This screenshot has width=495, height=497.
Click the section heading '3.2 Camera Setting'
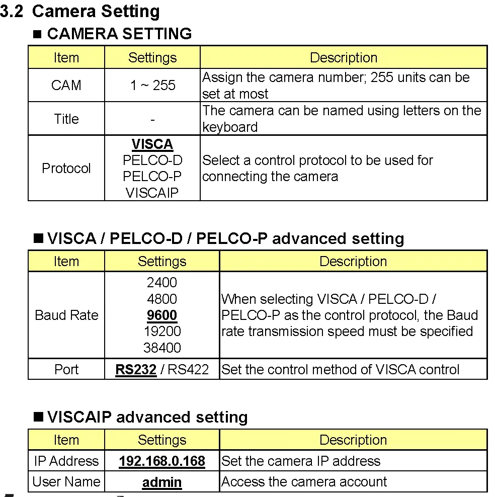pyautogui.click(x=80, y=11)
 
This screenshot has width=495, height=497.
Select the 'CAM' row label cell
pyautogui.click(x=66, y=85)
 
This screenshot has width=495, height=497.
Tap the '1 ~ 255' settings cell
pyautogui.click(x=152, y=85)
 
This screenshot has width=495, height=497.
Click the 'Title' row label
pyautogui.click(x=66, y=119)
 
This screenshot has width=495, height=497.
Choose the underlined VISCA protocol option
pyautogui.click(x=152, y=144)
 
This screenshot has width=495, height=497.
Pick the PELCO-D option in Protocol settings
pyautogui.click(x=152, y=160)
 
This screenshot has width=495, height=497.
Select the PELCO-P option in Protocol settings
pyautogui.click(x=152, y=177)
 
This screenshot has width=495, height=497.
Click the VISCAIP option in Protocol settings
pyautogui.click(x=152, y=193)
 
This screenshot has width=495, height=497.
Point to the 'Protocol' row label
pyautogui.click(x=66, y=168)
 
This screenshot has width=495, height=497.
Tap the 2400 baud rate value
pyautogui.click(x=162, y=283)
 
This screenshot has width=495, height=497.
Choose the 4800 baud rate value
pyautogui.click(x=162, y=299)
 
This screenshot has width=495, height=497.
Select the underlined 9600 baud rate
pyautogui.click(x=162, y=315)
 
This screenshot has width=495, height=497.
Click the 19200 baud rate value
pyautogui.click(x=162, y=332)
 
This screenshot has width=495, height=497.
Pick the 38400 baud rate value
pyautogui.click(x=162, y=348)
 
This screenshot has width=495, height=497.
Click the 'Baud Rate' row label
pyautogui.click(x=66, y=315)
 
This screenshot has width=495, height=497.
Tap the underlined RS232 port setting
pyautogui.click(x=136, y=370)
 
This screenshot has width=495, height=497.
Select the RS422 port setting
pyautogui.click(x=188, y=370)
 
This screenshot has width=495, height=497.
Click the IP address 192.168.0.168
pyautogui.click(x=162, y=461)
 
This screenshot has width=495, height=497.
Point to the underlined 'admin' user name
pyautogui.click(x=162, y=482)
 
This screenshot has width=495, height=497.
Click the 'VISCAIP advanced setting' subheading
pyautogui.click(x=147, y=417)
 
